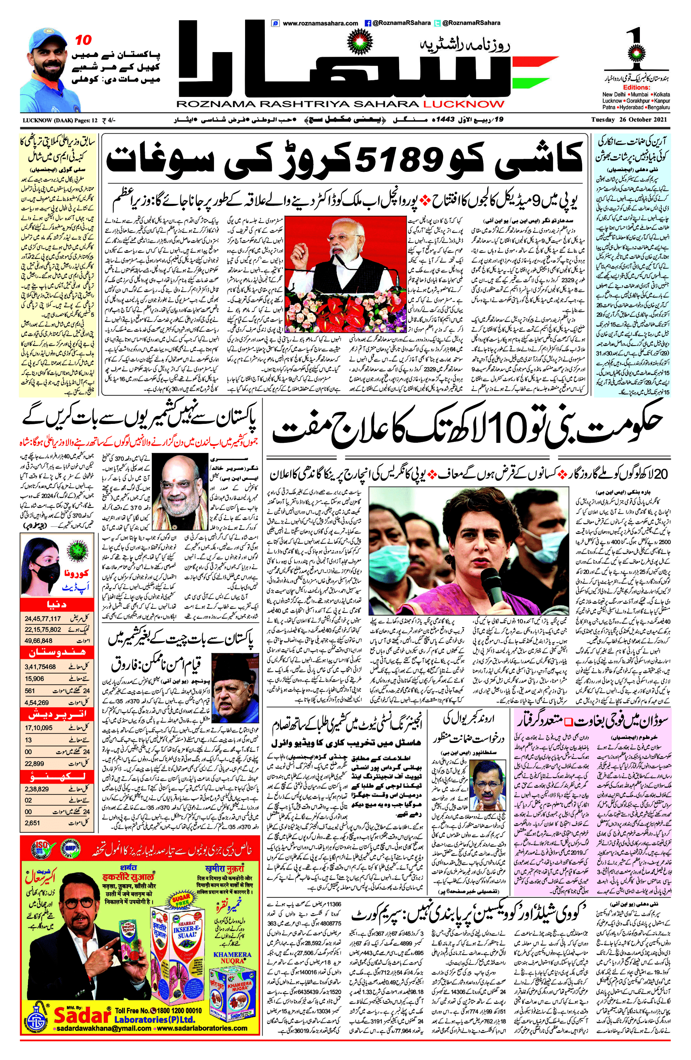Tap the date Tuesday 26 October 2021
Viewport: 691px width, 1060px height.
(630, 120)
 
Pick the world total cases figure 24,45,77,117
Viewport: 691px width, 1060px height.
(43, 619)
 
